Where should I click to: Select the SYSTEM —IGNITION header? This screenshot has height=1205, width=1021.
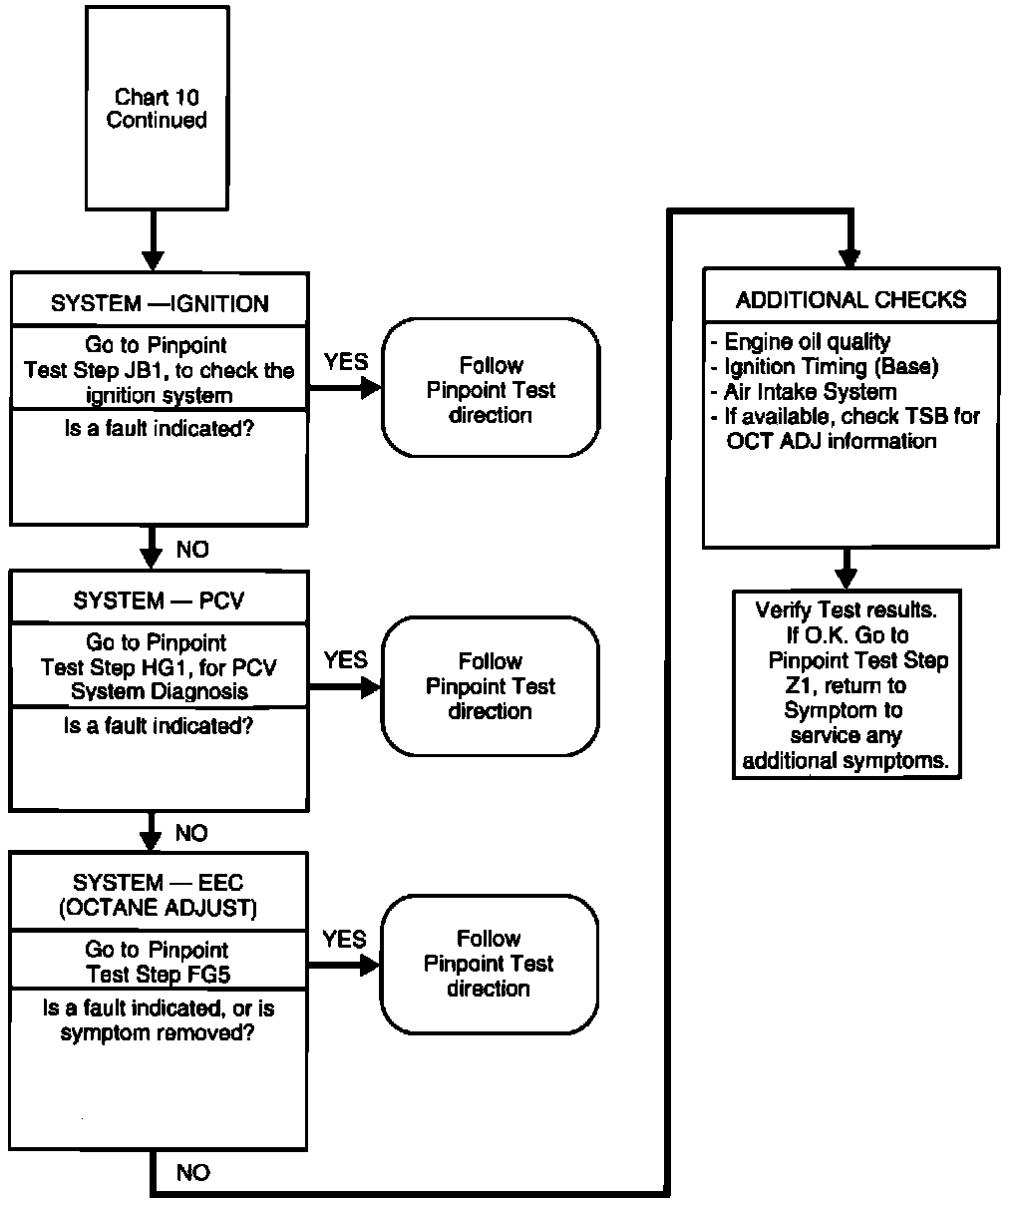pos(160,303)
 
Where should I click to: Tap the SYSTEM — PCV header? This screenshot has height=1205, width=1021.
pos(159,601)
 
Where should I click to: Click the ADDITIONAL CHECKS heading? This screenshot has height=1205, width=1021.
pos(851,300)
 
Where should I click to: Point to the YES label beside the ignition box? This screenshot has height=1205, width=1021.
pos(346,362)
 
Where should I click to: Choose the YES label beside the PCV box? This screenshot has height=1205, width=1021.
pos(345,660)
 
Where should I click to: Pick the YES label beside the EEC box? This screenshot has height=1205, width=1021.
pos(344,940)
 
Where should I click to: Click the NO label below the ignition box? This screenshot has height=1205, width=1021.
pos(192,550)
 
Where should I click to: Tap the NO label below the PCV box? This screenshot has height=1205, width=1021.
pos(192,833)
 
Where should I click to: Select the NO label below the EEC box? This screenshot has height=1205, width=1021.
pos(192,1173)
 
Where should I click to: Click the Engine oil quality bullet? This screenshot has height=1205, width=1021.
pos(807,342)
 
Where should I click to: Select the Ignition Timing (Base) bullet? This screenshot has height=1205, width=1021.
pos(831,367)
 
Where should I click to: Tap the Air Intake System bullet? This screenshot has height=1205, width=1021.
pos(810,392)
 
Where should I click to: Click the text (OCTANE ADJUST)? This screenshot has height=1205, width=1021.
pos(158,908)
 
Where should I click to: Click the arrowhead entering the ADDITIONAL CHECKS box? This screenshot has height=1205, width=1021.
pos(849,257)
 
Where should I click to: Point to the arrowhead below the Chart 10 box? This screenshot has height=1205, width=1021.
pos(153,259)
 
